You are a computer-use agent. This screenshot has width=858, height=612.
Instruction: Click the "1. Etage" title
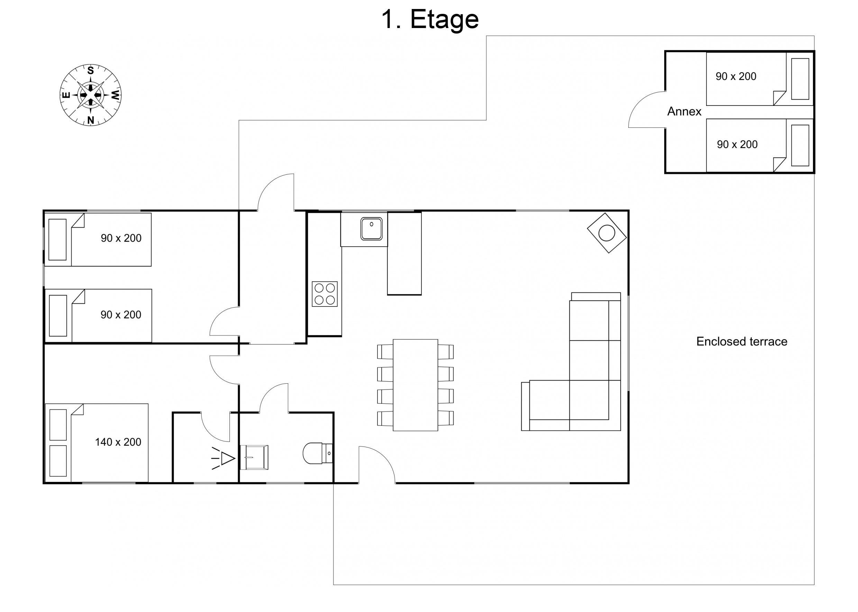click(430, 19)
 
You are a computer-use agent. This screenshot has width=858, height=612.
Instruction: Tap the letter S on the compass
click(90, 71)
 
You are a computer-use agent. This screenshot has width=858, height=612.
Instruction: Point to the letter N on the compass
click(90, 120)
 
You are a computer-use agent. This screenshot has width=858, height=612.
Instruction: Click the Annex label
click(684, 111)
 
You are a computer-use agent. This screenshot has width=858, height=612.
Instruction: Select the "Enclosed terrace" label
click(741, 341)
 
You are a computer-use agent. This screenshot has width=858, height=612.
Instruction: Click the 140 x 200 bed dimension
click(118, 442)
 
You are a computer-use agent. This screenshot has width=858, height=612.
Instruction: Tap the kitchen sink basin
click(371, 229)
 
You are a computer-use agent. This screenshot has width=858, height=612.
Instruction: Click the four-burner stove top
click(325, 294)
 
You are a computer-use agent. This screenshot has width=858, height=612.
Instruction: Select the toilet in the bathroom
click(318, 453)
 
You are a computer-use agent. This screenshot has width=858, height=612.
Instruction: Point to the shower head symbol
click(224, 458)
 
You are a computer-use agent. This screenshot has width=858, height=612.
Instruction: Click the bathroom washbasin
click(254, 457)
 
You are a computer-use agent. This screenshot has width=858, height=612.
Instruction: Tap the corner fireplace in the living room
click(607, 233)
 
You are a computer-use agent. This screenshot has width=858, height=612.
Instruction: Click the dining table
click(415, 385)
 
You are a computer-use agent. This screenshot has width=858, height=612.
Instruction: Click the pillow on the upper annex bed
click(800, 79)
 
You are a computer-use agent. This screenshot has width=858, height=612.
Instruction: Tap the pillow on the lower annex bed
click(800, 145)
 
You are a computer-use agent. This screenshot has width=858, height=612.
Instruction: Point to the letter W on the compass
click(116, 95)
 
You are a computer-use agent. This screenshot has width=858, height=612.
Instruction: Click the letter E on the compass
click(66, 95)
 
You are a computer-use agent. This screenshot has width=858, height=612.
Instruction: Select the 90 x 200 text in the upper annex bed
click(736, 76)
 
